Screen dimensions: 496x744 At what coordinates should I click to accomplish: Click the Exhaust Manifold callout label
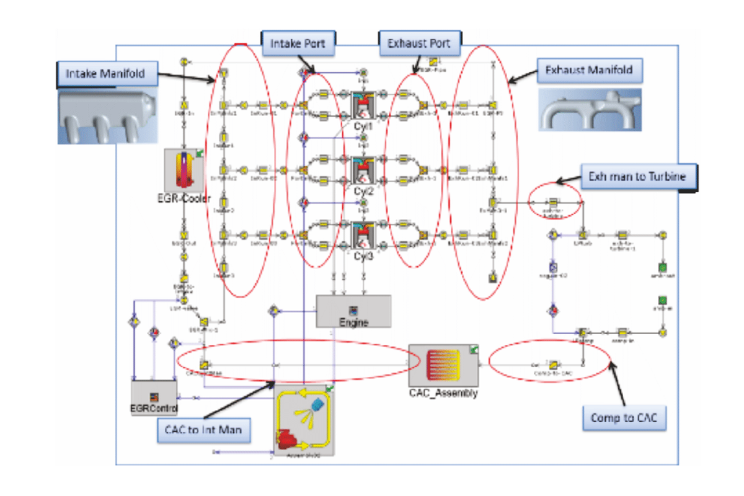[589, 71]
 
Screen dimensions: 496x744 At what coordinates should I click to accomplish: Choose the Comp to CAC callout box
[624, 418]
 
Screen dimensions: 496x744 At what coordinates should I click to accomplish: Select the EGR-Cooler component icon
[185, 170]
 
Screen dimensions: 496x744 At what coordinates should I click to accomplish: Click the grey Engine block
[353, 311]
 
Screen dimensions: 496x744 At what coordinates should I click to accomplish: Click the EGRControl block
[154, 397]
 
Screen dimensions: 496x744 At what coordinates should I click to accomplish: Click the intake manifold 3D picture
[105, 115]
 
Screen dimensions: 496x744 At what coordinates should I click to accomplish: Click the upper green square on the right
[662, 267]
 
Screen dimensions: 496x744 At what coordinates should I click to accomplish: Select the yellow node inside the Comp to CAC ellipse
[556, 365]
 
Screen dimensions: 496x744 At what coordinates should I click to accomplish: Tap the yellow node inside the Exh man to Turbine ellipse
[554, 202]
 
